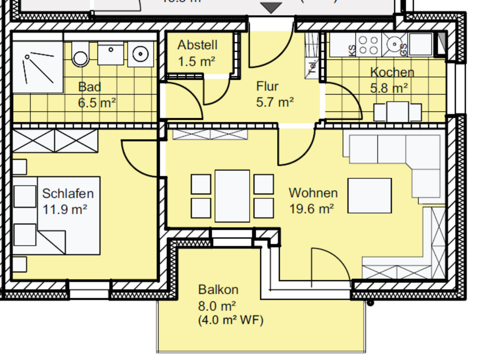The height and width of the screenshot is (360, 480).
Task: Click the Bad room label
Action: [x=89, y=87]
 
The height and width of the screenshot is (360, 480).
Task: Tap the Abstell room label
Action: [x=197, y=45]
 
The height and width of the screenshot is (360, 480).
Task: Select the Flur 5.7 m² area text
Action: [x=274, y=102]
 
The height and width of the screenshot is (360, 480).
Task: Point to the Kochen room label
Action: [x=392, y=72]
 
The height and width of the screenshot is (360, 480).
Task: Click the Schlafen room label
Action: [x=67, y=193]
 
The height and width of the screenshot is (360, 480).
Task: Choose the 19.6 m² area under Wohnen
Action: [x=311, y=208]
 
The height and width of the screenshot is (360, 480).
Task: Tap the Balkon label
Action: [x=218, y=289]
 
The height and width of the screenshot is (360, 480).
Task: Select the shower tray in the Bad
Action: [x=37, y=67]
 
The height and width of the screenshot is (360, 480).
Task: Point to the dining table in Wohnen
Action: [x=232, y=195]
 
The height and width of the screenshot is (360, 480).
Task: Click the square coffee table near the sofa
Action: [x=369, y=195]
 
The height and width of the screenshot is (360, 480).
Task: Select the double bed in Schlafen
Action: [x=57, y=215]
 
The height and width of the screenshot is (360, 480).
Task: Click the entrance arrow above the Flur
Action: [x=272, y=7]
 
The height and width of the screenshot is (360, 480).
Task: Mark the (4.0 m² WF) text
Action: [x=231, y=319]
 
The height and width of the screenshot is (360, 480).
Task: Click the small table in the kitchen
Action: [x=398, y=111]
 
